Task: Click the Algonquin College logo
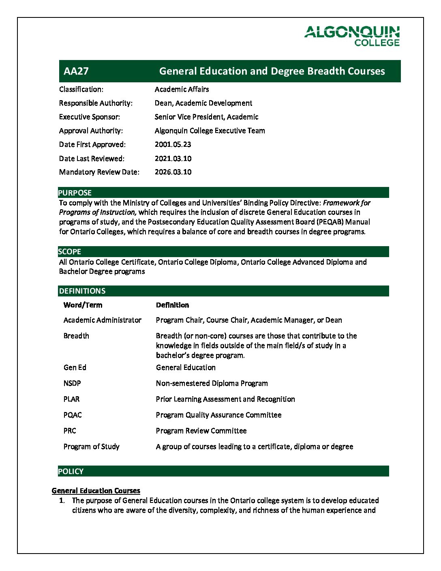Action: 352,36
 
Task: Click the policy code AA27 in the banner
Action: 76,71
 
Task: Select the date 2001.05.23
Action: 173,144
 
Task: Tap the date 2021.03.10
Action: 173,159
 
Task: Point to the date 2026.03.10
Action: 173,172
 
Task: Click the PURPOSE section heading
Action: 75,193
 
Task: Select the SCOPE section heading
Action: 70,251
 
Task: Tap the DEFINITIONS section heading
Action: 82,291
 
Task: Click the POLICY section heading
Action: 71,471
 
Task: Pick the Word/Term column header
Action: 83,305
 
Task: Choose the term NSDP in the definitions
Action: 72,383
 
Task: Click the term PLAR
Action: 71,399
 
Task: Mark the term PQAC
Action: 73,415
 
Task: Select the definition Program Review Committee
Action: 201,431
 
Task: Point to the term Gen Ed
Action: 75,367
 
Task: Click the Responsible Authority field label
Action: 96,103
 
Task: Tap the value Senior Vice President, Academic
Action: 206,117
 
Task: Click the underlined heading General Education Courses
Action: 96,491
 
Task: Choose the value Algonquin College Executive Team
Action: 210,131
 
